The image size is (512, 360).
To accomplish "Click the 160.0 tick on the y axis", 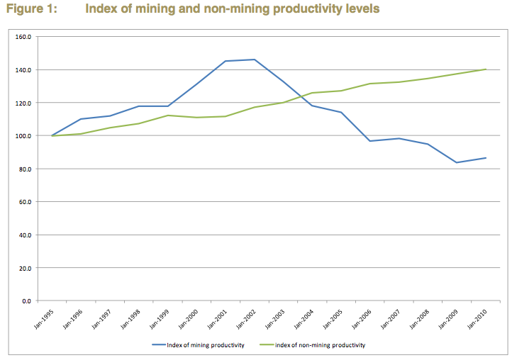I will point(26,37).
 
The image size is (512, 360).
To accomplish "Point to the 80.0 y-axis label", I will point(27,169).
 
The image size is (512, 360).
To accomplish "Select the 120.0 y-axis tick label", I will point(26,103).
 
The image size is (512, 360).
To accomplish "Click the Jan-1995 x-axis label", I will point(45,316).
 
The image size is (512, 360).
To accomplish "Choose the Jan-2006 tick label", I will point(363,316).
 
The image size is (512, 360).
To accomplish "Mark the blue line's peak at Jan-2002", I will point(255,60).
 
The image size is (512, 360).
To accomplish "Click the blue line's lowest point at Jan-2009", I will point(457,162).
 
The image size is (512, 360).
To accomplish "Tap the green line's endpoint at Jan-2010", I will point(486,69).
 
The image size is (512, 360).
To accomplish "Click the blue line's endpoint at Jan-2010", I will point(486,157).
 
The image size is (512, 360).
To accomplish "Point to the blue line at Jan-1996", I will point(81,119).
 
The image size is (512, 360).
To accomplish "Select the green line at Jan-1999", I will point(167,116).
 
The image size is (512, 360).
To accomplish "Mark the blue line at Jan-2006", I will point(370,141).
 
